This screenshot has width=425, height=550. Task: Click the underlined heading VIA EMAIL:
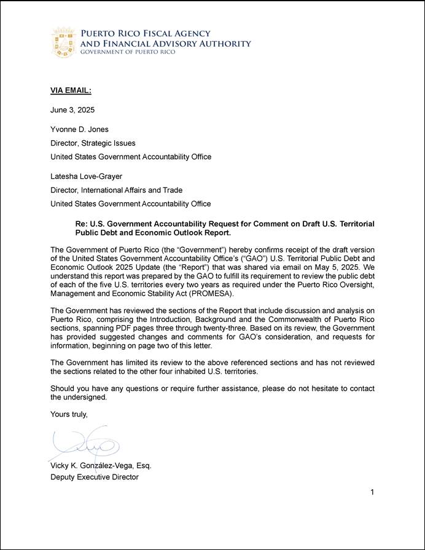pyautogui.click(x=71, y=91)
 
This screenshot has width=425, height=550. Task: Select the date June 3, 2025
pyautogui.click(x=72, y=109)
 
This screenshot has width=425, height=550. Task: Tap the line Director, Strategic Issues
pyautogui.click(x=93, y=143)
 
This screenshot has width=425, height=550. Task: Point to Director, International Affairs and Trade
pyautogui.click(x=116, y=191)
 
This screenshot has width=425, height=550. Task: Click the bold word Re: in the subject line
pyautogui.click(x=82, y=224)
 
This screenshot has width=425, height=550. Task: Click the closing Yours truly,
pyautogui.click(x=69, y=415)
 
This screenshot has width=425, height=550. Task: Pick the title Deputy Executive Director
pyautogui.click(x=95, y=477)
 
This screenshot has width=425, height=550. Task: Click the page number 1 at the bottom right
pyautogui.click(x=372, y=492)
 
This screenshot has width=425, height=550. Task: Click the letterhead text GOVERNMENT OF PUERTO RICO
pyautogui.click(x=128, y=52)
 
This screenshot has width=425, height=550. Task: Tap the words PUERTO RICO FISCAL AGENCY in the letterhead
pyautogui.click(x=146, y=34)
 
